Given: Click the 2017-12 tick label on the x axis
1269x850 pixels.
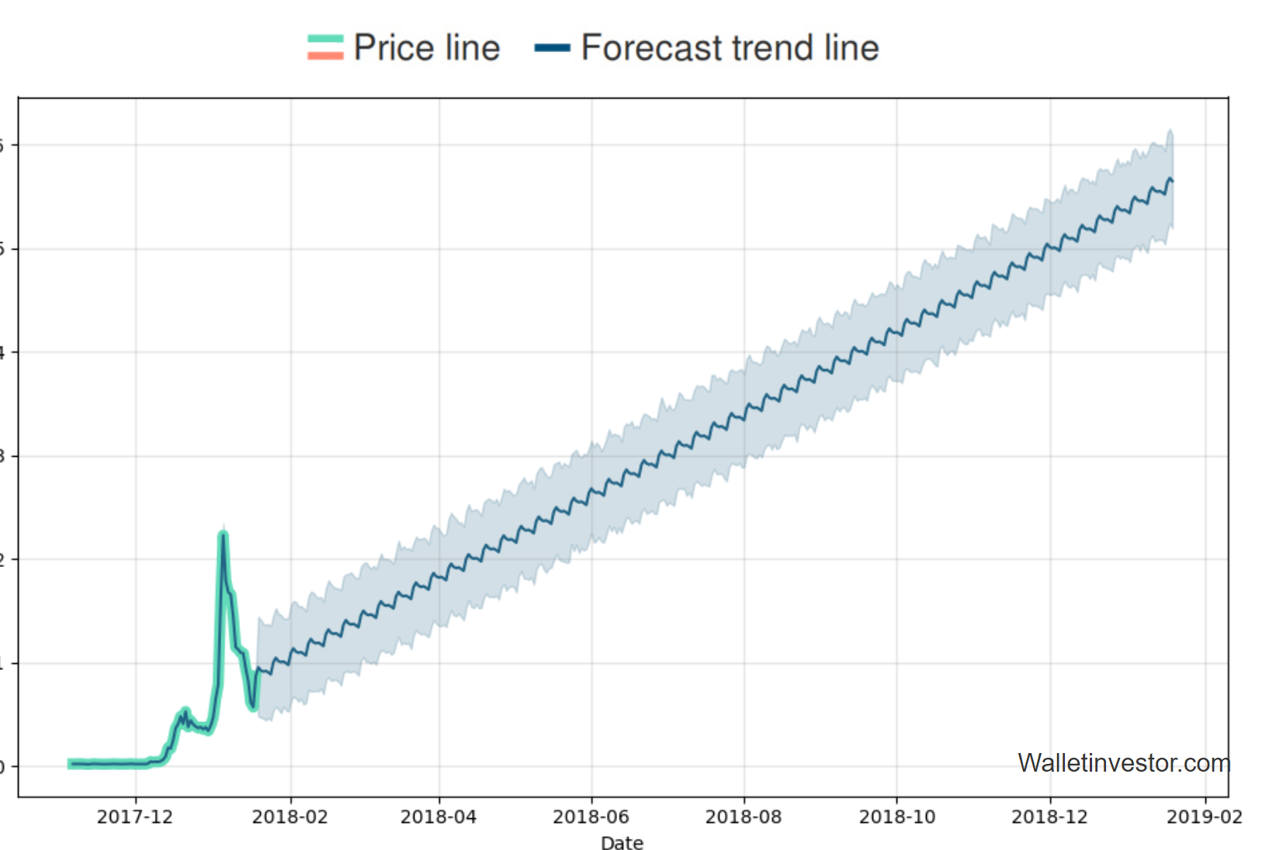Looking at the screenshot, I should [135, 817].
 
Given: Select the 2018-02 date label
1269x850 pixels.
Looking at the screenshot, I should [290, 817].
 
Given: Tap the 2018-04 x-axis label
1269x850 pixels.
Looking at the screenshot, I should [439, 817].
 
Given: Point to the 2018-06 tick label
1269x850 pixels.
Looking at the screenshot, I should [591, 817].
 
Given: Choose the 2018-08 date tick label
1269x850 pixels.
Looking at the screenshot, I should [744, 817].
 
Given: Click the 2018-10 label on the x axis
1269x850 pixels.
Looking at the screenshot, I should [897, 817].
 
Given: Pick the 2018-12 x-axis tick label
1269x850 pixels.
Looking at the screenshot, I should [1049, 817].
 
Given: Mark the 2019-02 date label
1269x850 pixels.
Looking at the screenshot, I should [1205, 817].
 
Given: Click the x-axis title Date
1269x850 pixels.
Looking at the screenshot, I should [622, 843].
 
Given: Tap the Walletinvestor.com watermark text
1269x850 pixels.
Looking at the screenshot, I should [1124, 763].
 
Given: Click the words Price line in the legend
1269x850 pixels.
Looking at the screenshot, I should [427, 48].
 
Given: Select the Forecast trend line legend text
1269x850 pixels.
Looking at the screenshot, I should [730, 48].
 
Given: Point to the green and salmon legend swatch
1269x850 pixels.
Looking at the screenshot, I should [325, 47].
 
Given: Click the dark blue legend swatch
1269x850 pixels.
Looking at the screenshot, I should [552, 48].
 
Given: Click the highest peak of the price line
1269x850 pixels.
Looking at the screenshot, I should [224, 534].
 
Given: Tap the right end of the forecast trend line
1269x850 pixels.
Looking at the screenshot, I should [1172, 181].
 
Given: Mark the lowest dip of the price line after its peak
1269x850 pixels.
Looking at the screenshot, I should [253, 707].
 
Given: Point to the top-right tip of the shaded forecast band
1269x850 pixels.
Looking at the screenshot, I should [1170, 131].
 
